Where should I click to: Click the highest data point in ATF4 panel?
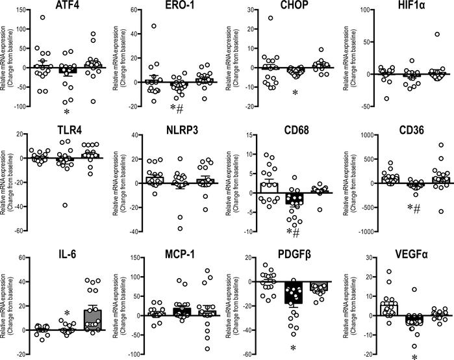pyautogui.click(x=42, y=18)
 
